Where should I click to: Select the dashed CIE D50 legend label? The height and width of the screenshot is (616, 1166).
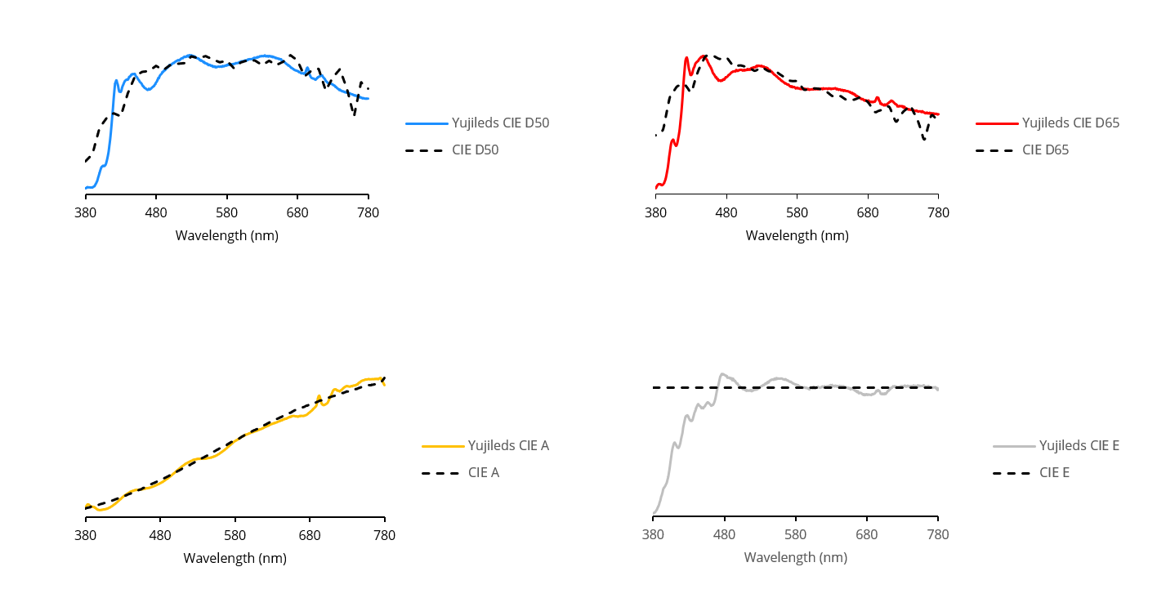point(475,150)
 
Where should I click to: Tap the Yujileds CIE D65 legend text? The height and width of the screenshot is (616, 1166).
point(1070,123)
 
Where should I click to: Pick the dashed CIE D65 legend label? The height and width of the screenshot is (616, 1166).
point(1045,150)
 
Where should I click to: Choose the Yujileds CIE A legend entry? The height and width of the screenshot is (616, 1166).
point(508,446)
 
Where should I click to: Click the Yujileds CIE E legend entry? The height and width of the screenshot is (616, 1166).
point(1079,446)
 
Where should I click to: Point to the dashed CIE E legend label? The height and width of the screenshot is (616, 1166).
point(1054,473)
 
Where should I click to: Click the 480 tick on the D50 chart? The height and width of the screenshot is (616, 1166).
point(156,212)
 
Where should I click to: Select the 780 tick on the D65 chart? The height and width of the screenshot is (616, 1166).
point(938,212)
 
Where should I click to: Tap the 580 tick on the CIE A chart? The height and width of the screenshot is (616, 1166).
point(235,536)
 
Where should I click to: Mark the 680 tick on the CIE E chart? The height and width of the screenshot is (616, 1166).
point(867,535)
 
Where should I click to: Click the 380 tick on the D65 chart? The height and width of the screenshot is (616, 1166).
point(655,212)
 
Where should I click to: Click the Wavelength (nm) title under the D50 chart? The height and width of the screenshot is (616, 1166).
point(226,236)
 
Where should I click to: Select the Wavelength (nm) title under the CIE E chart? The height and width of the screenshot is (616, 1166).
point(795,558)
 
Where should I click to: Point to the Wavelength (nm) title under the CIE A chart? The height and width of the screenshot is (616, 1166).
point(235,559)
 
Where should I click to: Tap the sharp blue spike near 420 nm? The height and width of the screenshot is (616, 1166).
point(116,80)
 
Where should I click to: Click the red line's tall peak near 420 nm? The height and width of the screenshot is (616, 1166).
point(686,58)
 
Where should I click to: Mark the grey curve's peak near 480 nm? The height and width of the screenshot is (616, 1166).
point(722,374)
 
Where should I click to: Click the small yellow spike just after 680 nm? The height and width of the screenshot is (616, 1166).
point(319,396)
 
